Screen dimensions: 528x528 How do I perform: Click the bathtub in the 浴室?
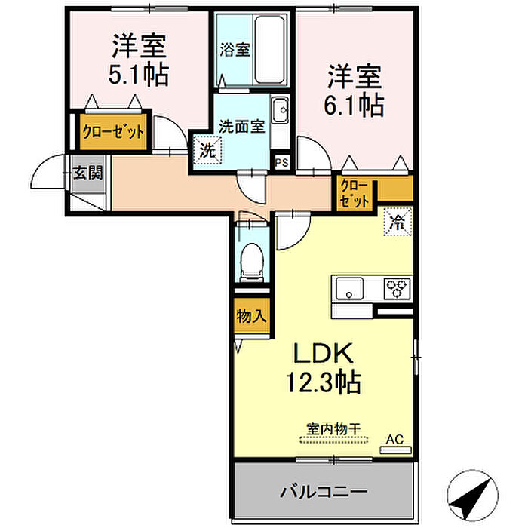tap(269, 50)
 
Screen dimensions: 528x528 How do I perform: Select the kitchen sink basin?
tap(349, 289)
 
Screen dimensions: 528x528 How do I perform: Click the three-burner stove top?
tap(398, 289)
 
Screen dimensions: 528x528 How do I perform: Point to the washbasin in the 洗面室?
tap(280, 110)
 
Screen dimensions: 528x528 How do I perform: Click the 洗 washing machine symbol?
tap(207, 150)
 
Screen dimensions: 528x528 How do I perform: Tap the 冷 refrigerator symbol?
tap(398, 222)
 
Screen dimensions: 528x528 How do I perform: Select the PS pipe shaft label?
tap(282, 163)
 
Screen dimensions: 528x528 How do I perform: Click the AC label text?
tap(394, 439)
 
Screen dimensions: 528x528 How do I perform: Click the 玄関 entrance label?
tap(88, 173)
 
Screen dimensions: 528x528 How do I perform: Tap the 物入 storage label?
tap(251, 316)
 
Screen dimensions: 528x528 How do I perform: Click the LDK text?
tap(324, 353)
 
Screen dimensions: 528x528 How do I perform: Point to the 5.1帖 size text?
tap(139, 75)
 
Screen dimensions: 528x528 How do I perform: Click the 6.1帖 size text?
tap(354, 106)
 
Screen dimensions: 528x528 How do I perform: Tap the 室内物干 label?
tap(333, 429)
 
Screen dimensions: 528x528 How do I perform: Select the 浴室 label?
tap(235, 50)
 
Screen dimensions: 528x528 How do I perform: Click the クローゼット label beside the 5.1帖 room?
tap(113, 132)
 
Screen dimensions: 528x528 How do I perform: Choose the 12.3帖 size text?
tap(324, 382)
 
